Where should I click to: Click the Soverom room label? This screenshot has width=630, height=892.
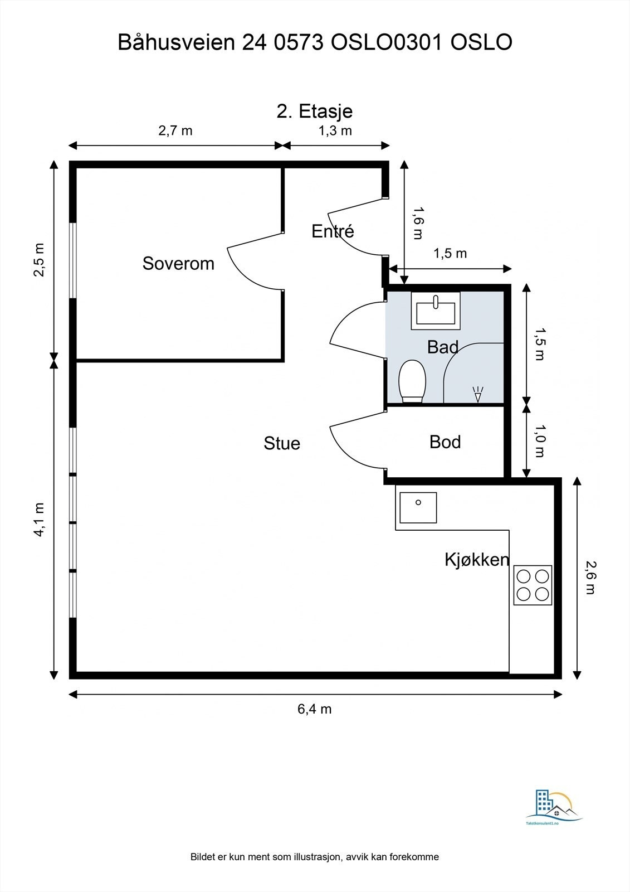[x=178, y=263]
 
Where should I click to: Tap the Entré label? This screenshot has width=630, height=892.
[x=333, y=231]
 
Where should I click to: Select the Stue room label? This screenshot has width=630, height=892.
[x=282, y=443]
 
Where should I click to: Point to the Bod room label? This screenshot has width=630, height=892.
[x=445, y=442]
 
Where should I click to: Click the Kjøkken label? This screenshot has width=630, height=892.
[x=477, y=560]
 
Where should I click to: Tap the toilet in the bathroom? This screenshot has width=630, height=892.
[x=412, y=381]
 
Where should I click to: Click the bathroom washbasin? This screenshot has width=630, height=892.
[x=436, y=311]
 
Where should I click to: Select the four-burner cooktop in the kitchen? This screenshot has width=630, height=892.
[x=533, y=585]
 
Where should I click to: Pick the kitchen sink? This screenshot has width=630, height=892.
[x=418, y=508]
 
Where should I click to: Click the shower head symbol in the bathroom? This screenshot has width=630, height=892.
[x=478, y=394]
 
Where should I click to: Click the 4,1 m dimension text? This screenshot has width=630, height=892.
[x=40, y=520]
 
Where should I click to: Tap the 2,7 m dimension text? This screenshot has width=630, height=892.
[x=175, y=130]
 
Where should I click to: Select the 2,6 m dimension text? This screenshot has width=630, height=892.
[x=590, y=578]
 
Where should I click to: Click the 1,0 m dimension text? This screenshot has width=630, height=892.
[x=539, y=441]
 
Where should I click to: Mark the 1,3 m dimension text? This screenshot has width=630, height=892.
[x=335, y=130]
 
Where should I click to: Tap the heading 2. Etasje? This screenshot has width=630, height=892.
[x=315, y=111]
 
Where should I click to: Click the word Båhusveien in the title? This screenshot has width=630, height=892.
[x=177, y=42]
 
